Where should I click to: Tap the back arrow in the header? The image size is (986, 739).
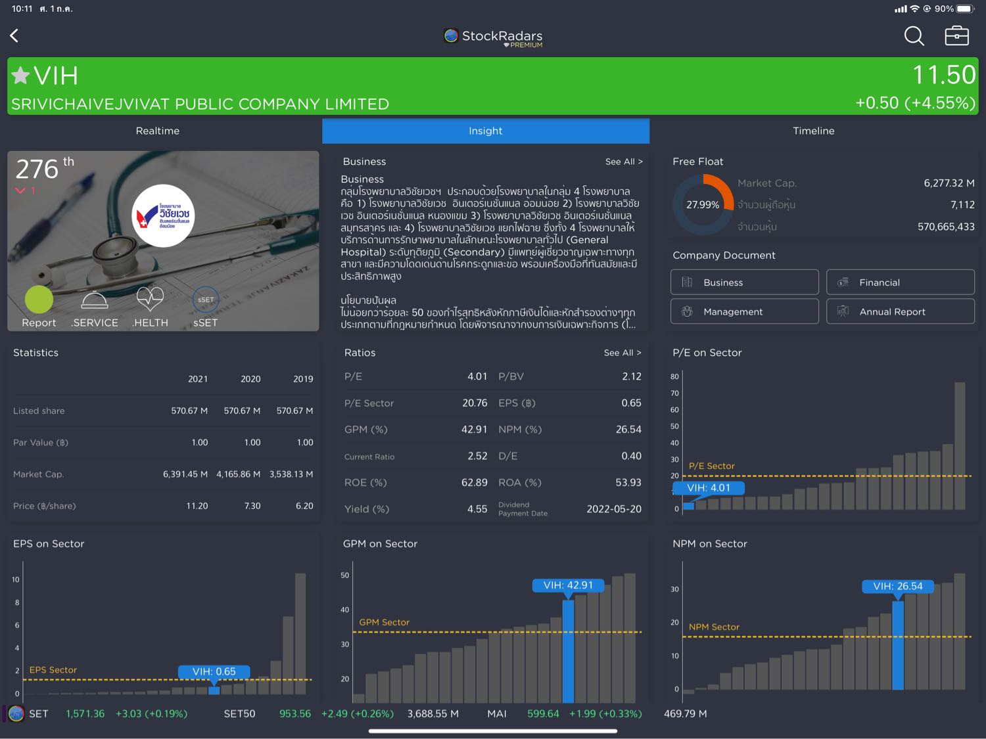(14, 35)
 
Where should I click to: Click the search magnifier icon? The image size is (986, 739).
(914, 35)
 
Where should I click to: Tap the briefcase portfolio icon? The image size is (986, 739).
(956, 35)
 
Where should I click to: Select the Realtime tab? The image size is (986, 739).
(158, 131)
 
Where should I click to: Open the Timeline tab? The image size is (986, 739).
(813, 131)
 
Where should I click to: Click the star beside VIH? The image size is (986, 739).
(20, 76)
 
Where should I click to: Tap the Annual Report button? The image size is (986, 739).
(900, 311)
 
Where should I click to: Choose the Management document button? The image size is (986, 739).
(744, 311)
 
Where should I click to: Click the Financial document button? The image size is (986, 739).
(900, 282)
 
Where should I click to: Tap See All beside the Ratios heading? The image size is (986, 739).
(622, 353)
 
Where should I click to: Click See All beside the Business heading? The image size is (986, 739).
(623, 162)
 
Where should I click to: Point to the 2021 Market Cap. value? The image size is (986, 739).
(185, 474)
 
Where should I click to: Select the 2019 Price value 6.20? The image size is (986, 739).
(304, 506)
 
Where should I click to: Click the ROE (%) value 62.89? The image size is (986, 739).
(474, 482)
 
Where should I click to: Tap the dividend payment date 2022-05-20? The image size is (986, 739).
(613, 509)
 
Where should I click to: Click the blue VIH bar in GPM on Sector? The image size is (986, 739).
(568, 650)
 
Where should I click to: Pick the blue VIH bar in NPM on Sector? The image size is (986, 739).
(897, 644)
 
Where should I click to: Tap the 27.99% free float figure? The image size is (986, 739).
(702, 205)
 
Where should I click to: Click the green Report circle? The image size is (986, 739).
(39, 300)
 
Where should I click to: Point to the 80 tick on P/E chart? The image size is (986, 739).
(674, 376)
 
